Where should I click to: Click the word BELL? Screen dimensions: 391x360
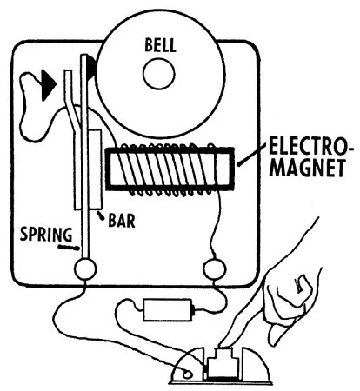click(x=159, y=43)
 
